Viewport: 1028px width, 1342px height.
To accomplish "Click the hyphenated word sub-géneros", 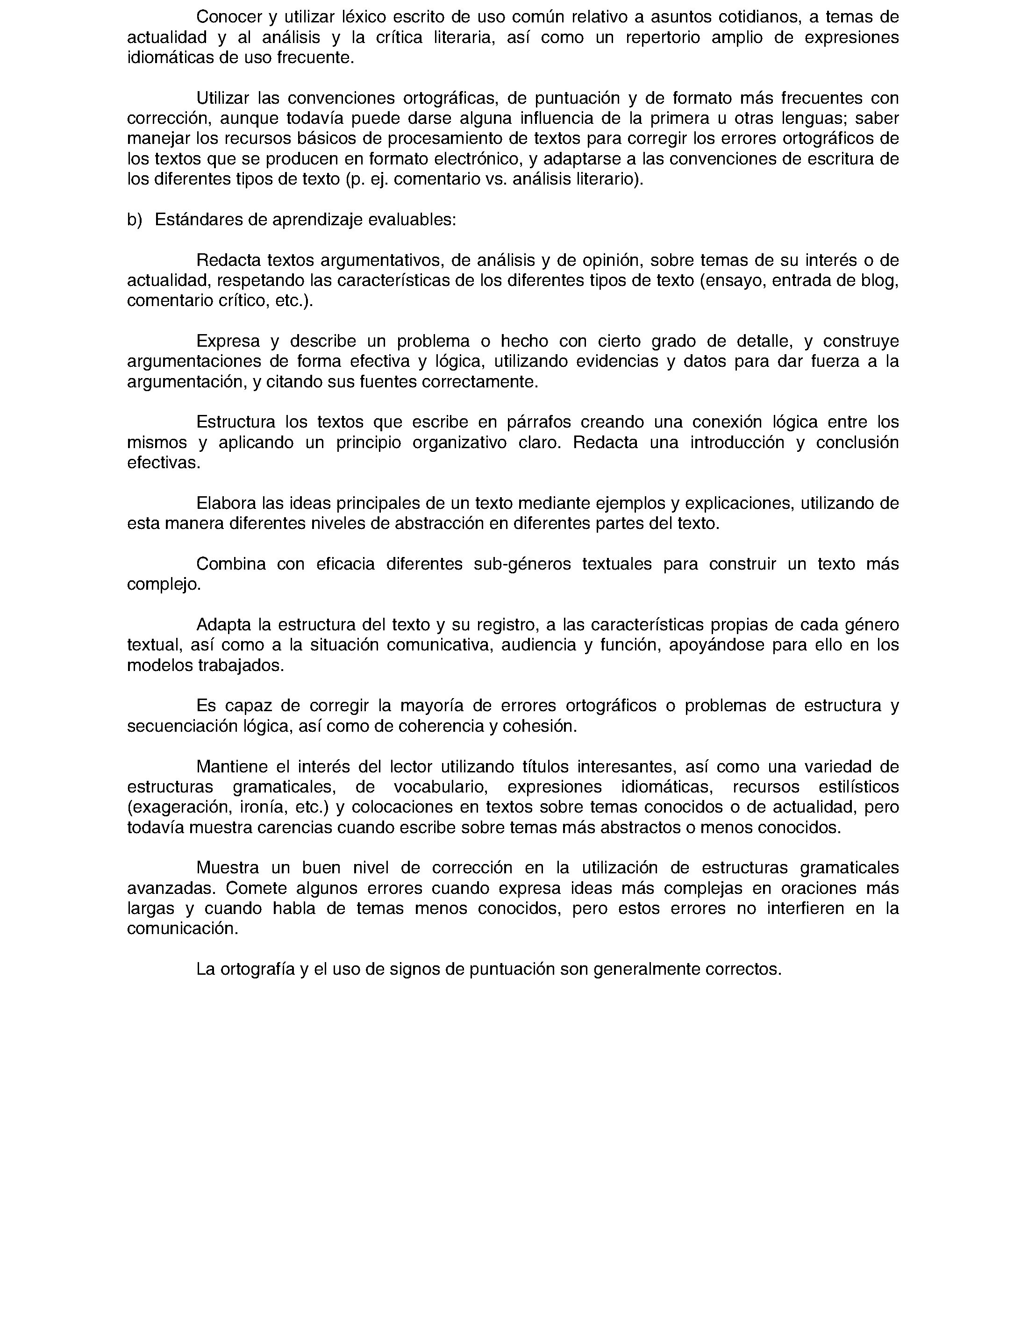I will point(522,564).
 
